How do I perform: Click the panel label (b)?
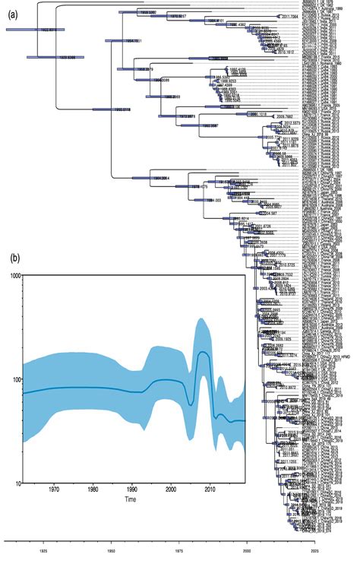pos(14,258)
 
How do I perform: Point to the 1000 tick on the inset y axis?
pos(13,275)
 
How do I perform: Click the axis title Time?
pos(132,502)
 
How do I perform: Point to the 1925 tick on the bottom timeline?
pos(43,549)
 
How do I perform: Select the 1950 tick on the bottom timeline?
pos(111,549)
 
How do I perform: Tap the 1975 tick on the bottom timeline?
pos(179,549)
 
